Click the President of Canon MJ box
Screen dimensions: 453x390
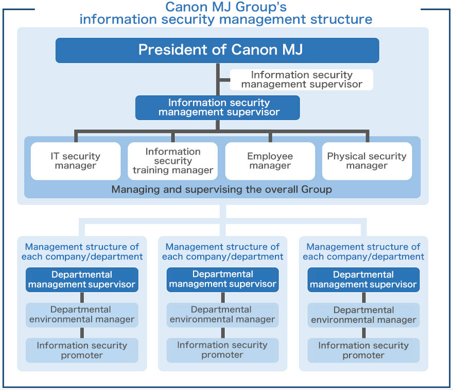[217, 50]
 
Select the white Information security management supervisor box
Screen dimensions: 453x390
[301, 80]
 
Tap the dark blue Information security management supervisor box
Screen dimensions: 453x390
[218, 107]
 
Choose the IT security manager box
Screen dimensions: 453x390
[76, 161]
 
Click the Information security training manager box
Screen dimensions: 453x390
[173, 161]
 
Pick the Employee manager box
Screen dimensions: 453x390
[270, 161]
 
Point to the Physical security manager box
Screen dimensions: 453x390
[367, 161]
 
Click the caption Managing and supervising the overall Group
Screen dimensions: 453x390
[221, 190]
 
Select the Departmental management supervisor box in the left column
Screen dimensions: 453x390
[82, 280]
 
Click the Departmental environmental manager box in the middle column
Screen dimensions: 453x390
[223, 314]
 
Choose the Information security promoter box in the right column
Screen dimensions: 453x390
[363, 350]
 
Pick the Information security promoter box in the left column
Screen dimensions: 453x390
[82, 350]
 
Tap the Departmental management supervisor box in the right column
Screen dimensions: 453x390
[363, 280]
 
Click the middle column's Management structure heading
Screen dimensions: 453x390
[222, 252]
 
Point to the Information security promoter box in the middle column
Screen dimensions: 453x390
[223, 350]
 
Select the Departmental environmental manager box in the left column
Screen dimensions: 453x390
[82, 314]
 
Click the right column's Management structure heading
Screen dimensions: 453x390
[363, 252]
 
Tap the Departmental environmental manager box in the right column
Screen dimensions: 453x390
[363, 314]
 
